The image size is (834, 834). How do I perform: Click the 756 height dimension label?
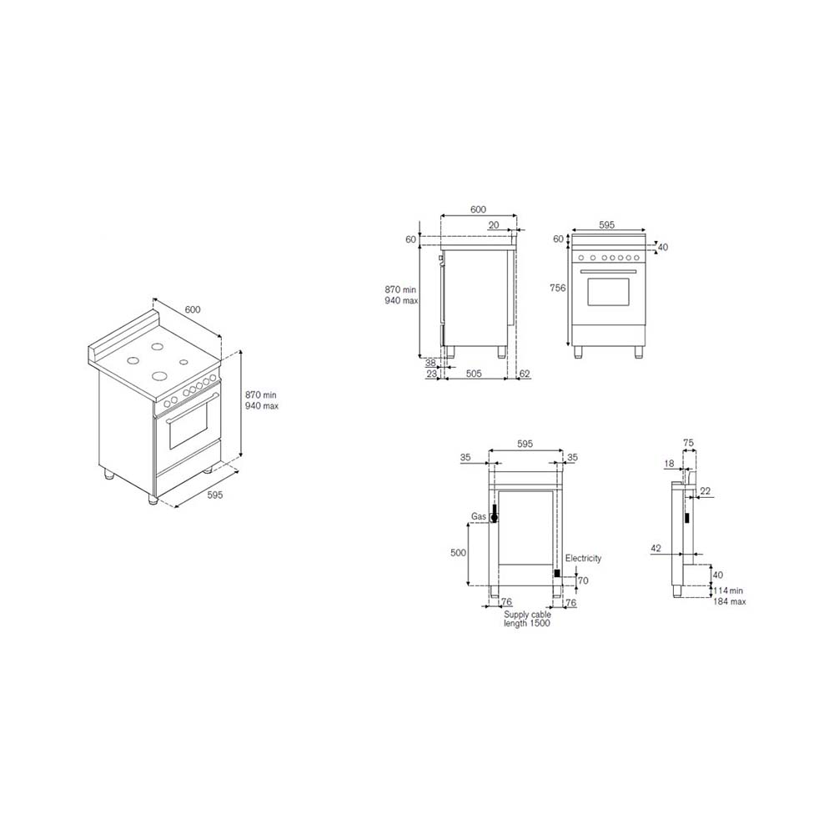click(557, 288)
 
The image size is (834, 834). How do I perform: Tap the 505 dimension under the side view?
click(474, 374)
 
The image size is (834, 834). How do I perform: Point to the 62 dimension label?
click(525, 374)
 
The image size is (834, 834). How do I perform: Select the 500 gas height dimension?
click(458, 553)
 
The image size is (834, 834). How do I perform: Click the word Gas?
click(478, 516)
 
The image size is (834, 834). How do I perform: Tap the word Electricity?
click(583, 558)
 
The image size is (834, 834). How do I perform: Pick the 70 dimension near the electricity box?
click(583, 580)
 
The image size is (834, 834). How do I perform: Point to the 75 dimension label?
click(688, 443)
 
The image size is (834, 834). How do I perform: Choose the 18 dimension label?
click(669, 464)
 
